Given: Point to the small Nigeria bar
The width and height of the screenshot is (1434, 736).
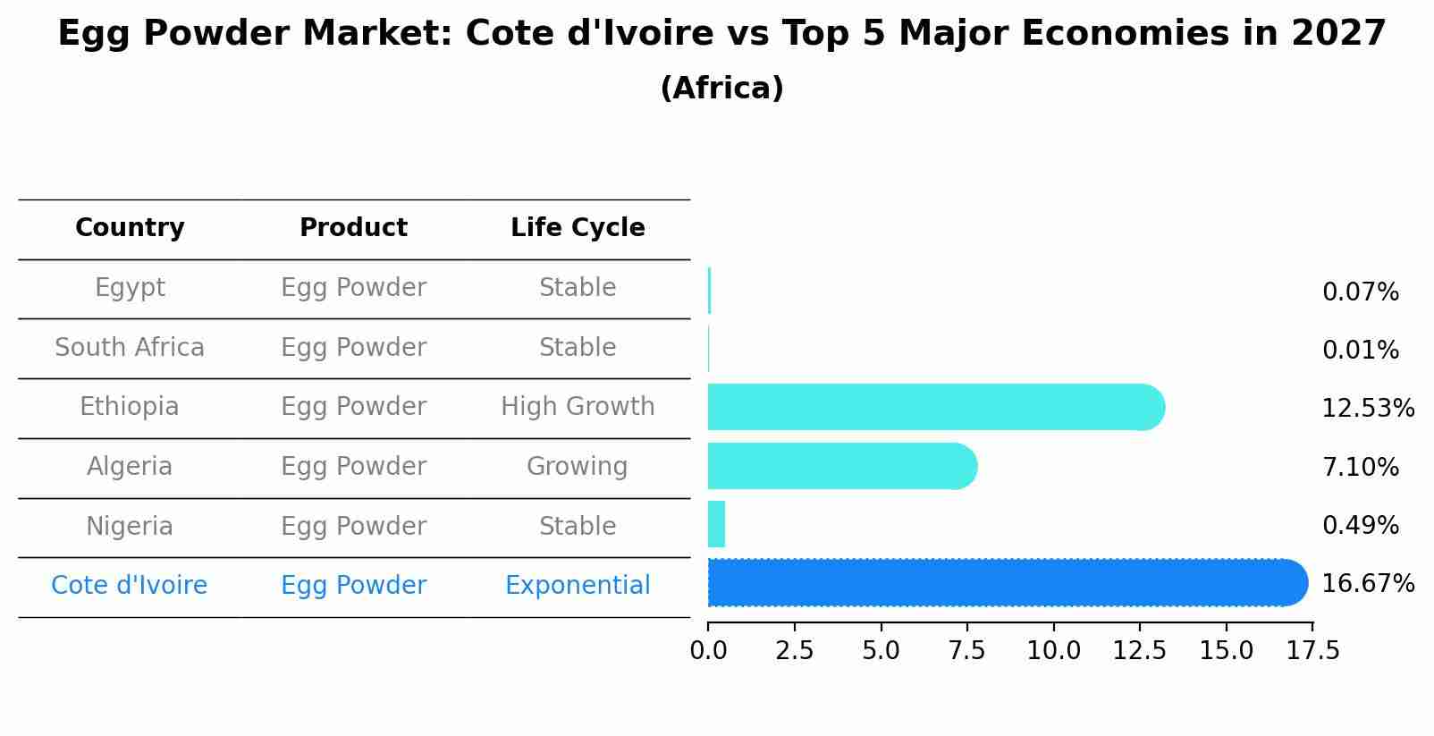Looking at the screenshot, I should click(716, 524).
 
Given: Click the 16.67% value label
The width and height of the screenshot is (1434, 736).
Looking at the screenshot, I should click(1368, 584).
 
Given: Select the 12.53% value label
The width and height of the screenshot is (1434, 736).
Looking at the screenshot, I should click(1368, 409).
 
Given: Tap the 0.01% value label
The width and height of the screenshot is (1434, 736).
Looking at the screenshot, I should click(1360, 351).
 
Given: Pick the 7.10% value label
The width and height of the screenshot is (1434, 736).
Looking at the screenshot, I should click(1360, 467).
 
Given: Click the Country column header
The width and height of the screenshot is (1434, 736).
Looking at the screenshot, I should click(130, 228).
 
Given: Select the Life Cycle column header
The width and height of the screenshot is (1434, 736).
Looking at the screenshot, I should click(578, 228).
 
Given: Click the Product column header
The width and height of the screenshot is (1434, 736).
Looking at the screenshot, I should click(353, 228).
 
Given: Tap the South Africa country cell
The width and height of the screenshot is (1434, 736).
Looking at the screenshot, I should click(130, 347).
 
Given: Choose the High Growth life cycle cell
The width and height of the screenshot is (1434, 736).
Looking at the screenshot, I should click(578, 407).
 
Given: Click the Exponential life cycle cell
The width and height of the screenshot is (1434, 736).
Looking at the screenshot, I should click(578, 586).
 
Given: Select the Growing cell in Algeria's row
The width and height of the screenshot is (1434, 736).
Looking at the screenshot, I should click(578, 467).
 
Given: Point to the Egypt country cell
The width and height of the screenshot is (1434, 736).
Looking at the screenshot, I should click(130, 288).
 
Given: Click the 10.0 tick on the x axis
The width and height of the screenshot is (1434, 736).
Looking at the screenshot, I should click(1053, 650).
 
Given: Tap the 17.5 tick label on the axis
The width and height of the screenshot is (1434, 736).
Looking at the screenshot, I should click(1312, 650).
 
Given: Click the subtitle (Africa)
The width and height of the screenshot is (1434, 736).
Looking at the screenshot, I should click(721, 89).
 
